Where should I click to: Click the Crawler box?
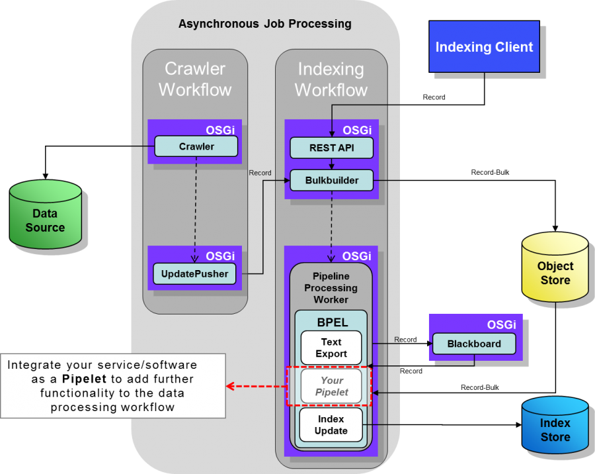[196, 146]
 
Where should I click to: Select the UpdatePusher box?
[194, 273]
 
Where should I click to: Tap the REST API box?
[332, 148]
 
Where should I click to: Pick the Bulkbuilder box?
[332, 180]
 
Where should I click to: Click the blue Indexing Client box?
[484, 46]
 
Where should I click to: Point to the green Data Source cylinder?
[45, 214]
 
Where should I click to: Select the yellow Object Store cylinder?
[555, 267]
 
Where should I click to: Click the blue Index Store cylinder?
[555, 426]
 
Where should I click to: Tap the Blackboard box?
[474, 344]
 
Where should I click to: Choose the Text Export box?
[331, 348]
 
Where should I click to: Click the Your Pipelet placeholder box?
[331, 386]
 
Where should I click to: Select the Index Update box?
[331, 425]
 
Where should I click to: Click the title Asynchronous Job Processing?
[265, 24]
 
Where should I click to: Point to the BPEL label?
[333, 322]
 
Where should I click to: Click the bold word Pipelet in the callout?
[84, 379]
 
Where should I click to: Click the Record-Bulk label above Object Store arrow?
[490, 172]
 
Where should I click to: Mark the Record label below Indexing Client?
[434, 97]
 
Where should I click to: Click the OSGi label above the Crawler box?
[220, 130]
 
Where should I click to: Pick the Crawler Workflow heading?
[195, 79]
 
